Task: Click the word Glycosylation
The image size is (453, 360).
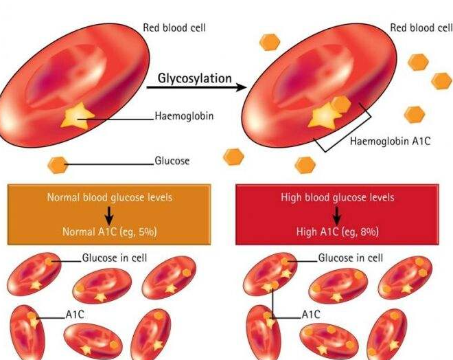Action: coord(195,78)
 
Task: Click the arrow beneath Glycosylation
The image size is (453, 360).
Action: coord(197,87)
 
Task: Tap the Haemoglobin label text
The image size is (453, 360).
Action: coord(185,116)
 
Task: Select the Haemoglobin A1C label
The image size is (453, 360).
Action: coord(390,141)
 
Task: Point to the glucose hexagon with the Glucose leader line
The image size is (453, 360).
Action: coord(58,165)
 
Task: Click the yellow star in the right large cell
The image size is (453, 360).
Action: coord(324,116)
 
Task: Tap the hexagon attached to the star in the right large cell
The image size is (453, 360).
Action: coord(341,104)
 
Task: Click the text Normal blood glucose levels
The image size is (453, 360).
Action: coord(110,197)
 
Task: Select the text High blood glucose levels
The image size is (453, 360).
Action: coord(338,197)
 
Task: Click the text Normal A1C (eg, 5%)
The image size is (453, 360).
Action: coord(110,232)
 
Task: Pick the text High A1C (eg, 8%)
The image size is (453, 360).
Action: coord(338,232)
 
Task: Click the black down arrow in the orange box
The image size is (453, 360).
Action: coord(109,216)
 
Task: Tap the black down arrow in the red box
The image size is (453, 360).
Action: coord(337,216)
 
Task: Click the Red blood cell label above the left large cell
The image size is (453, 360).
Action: coord(174,27)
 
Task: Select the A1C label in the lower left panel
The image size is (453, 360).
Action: coord(75,315)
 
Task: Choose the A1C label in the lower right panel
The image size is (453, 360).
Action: coord(311,315)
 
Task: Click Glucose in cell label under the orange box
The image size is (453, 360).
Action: coord(115,258)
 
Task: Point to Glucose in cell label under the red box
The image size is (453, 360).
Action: coord(351,258)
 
